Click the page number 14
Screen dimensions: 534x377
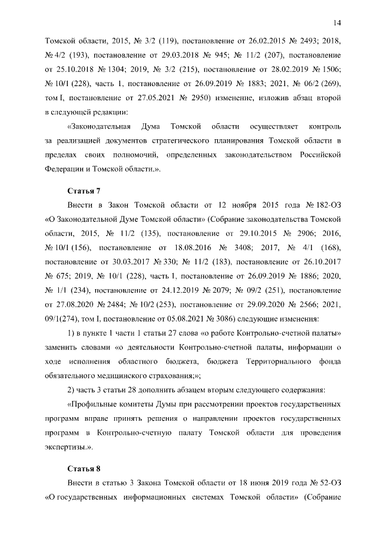point(337,22)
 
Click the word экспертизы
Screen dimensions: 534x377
point(68,448)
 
